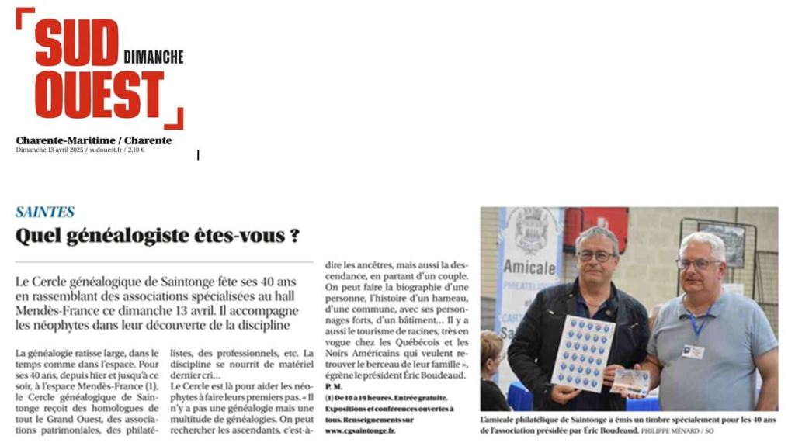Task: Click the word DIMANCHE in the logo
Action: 154,57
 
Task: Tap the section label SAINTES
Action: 45,212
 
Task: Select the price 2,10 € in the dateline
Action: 137,150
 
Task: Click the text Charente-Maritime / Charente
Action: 94,140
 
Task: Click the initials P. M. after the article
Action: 333,385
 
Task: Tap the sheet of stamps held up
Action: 581,352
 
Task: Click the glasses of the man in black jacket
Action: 596,255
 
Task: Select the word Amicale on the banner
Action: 529,268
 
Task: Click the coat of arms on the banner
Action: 532,230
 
